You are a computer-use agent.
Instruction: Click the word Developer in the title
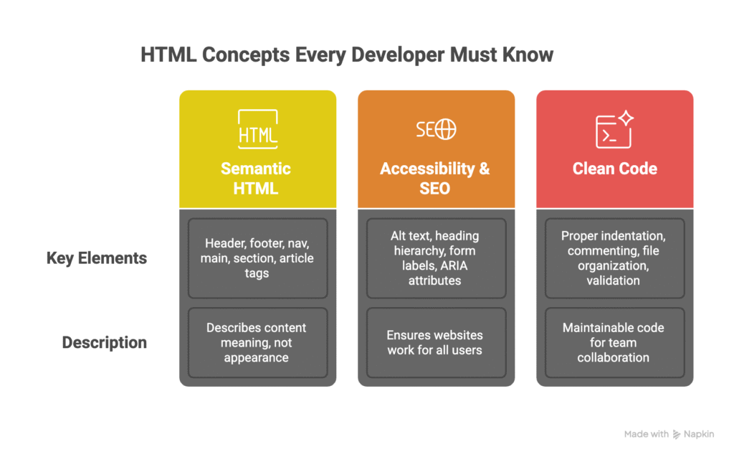click(397, 55)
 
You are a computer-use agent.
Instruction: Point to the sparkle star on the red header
click(626, 118)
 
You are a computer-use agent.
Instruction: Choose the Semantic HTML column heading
click(256, 178)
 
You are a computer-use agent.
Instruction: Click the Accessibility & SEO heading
click(435, 178)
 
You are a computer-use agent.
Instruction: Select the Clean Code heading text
click(614, 169)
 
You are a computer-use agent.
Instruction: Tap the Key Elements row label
click(97, 258)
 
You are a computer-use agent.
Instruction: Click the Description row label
click(105, 343)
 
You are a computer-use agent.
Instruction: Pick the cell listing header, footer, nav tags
click(257, 258)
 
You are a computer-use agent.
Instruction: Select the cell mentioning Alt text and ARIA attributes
click(437, 258)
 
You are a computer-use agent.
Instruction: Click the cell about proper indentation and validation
click(614, 258)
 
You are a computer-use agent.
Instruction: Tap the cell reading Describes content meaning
click(257, 343)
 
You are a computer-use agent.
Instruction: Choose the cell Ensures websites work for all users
click(437, 343)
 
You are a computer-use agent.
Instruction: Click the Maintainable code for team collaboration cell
click(614, 343)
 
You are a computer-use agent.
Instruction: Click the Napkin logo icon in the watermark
click(677, 435)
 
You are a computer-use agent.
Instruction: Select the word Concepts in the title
click(246, 55)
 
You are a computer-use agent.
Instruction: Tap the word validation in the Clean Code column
click(614, 281)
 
